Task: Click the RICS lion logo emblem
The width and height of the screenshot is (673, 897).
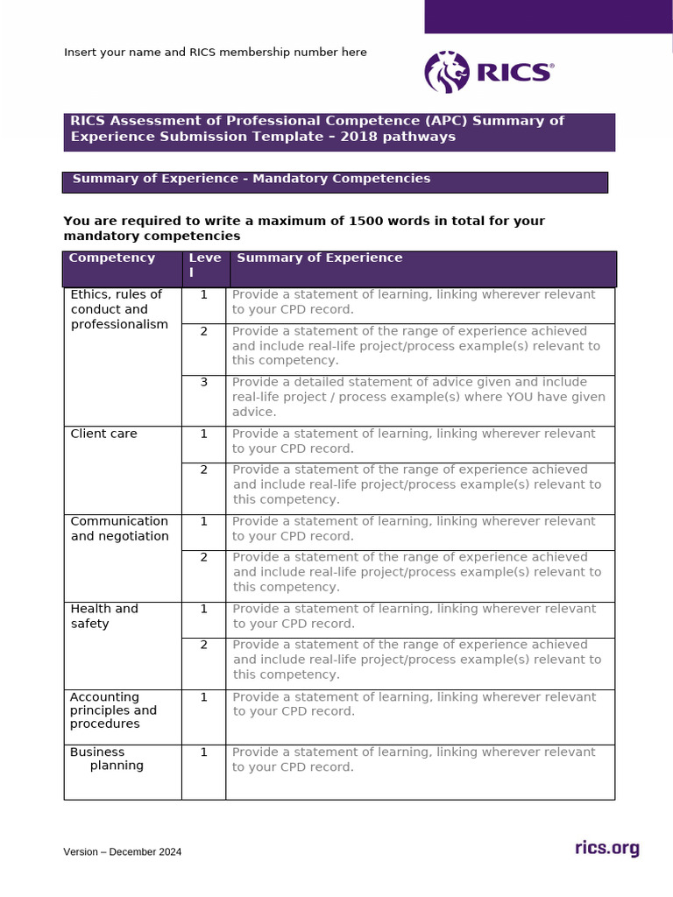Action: (447, 72)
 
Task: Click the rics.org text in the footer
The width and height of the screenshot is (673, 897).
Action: (606, 848)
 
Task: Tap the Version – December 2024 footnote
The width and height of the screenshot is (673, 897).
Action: (122, 851)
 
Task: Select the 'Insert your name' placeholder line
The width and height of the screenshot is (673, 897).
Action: (215, 53)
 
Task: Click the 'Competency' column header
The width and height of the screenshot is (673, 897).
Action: (111, 258)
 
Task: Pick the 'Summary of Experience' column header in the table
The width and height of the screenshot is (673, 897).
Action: (319, 258)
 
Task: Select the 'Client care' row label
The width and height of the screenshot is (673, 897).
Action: (103, 434)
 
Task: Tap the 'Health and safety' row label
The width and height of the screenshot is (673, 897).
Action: (103, 616)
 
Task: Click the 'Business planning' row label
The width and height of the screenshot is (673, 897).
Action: (107, 759)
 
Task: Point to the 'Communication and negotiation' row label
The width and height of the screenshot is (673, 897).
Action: (119, 528)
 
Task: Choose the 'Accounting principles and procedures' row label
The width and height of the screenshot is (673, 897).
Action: (113, 710)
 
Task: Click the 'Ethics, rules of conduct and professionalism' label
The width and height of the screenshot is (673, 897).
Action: (118, 309)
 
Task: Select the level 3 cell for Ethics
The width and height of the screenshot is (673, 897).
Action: (203, 382)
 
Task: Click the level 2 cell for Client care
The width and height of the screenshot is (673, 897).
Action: (203, 470)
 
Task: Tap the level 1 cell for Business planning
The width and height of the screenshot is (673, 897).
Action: (203, 752)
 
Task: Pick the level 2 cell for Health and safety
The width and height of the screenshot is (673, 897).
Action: (203, 645)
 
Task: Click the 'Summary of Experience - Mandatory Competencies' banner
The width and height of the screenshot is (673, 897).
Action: (335, 180)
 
